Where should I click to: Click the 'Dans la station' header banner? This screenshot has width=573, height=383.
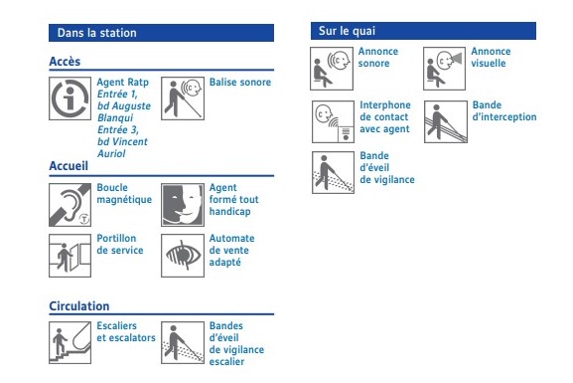pos(161,33)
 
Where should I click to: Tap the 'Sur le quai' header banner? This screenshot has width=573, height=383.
pos(423,31)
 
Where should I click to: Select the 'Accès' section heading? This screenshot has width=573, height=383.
pos(65,62)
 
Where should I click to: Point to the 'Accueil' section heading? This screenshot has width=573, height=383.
pos(69,166)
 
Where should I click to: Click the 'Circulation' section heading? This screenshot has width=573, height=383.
pos(79,306)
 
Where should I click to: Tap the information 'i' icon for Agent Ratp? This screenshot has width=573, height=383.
pos(70,98)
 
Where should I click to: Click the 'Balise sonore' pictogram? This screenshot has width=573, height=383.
pos(183,98)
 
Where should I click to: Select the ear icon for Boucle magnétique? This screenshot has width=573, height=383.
pos(70,205)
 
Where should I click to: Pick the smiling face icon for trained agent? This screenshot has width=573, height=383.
pos(183,205)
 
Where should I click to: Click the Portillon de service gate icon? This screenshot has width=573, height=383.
pos(70,256)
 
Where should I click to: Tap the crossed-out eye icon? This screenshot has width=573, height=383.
pos(183,256)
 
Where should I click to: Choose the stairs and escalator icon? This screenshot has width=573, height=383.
pos(70,343)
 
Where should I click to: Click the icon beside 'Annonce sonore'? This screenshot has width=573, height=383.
pos(332,69)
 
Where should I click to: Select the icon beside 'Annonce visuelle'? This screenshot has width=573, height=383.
pos(444,69)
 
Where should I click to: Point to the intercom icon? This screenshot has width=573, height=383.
pos(333,122)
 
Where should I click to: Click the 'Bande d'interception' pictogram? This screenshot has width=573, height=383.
pos(446,122)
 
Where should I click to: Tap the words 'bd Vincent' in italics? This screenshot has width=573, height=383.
pos(122,141)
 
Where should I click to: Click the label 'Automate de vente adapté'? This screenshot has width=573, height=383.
pos(231,251)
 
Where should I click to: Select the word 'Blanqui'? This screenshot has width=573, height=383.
pos(115,118)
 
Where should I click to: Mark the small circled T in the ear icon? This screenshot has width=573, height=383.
pos(84,219)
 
